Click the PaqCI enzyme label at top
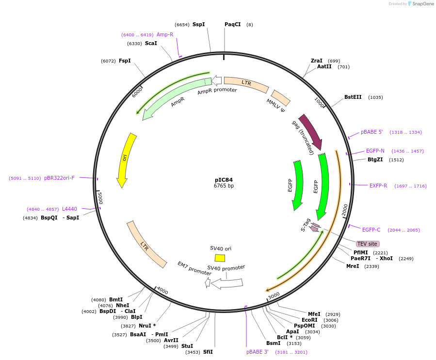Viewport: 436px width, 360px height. [232, 24]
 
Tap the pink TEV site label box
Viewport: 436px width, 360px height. [368, 244]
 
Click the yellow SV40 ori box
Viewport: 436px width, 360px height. [220, 258]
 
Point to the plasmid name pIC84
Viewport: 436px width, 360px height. [224, 180]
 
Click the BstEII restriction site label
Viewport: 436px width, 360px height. [353, 97]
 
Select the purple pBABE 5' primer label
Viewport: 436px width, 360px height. [371, 132]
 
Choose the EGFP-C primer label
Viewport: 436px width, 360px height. [371, 230]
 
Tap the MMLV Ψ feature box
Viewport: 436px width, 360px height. [281, 98]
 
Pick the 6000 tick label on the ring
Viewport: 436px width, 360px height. [137, 92]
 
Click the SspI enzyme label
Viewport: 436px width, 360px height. [198, 24]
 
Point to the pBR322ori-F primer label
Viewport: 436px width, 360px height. [59, 178]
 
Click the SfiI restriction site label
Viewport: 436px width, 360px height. [208, 352]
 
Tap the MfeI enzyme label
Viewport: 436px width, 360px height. [314, 314]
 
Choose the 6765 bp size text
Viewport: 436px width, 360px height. [224, 186]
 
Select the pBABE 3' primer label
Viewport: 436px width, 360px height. [257, 352]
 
